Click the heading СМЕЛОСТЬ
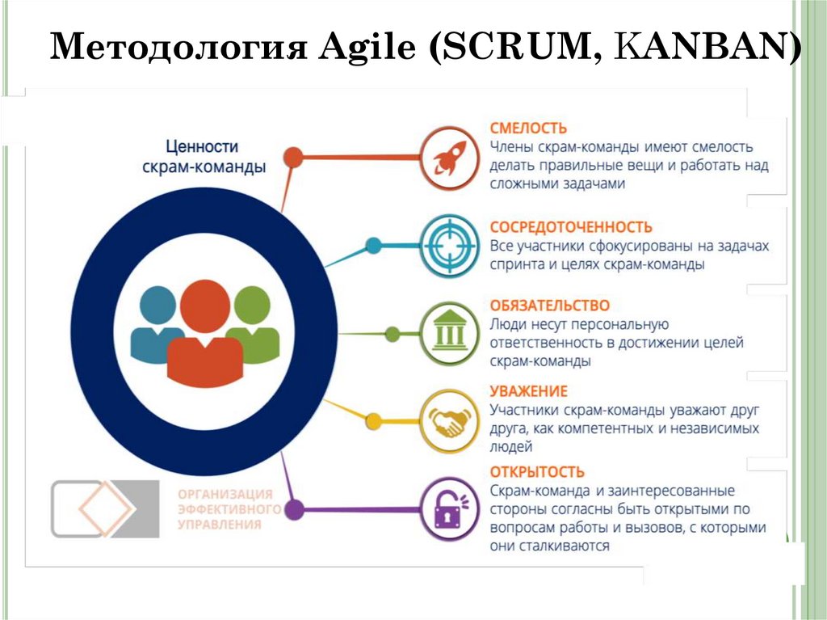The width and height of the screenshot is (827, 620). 529,128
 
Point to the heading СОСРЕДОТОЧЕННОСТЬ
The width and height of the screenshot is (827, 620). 571,227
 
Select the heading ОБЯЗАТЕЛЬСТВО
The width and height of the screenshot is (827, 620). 550,306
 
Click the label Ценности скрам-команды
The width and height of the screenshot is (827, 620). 204,157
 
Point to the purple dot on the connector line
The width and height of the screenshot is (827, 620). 295,510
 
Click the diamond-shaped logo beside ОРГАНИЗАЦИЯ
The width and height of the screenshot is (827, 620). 105,508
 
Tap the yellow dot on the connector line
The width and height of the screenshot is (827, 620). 373,421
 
